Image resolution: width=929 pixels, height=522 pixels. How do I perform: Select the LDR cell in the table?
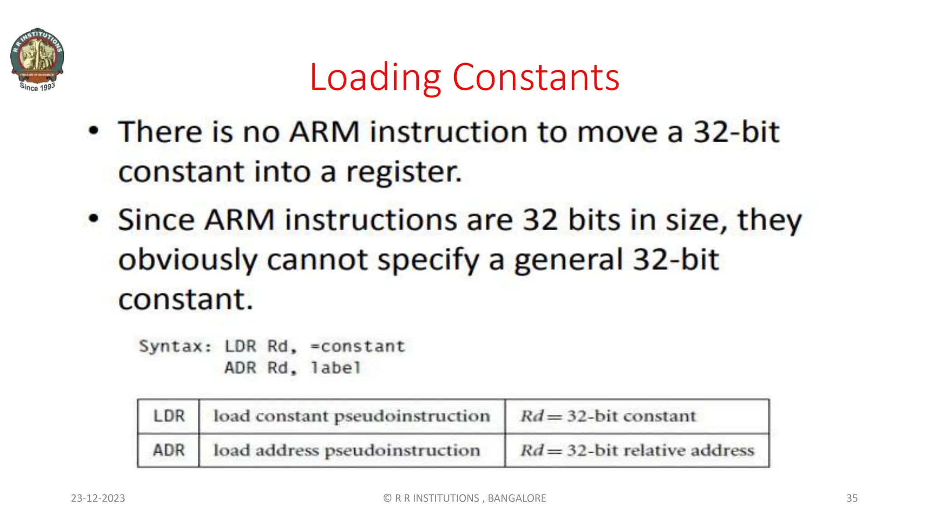pyautogui.click(x=169, y=416)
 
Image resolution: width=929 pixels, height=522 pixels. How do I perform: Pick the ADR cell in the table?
pyautogui.click(x=169, y=450)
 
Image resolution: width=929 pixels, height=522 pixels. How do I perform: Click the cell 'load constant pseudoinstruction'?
pyautogui.click(x=352, y=416)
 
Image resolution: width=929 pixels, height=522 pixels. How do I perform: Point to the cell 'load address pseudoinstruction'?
pyautogui.click(x=347, y=450)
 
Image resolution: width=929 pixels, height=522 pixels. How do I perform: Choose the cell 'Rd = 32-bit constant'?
pyautogui.click(x=608, y=416)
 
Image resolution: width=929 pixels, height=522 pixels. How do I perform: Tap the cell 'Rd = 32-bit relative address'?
pyautogui.click(x=637, y=450)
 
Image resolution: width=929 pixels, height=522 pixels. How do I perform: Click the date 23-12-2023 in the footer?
pyautogui.click(x=98, y=498)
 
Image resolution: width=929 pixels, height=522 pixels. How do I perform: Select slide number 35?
pyautogui.click(x=852, y=498)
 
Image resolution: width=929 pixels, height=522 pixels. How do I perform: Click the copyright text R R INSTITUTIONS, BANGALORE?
pyautogui.click(x=464, y=498)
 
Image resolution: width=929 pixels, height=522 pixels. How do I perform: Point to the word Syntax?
pyautogui.click(x=175, y=347)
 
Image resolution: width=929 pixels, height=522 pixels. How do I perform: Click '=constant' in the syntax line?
pyautogui.click(x=357, y=347)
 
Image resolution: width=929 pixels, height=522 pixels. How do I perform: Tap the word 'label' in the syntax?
pyautogui.click(x=336, y=368)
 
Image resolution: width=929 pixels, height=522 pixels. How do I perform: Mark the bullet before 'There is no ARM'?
pyautogui.click(x=93, y=131)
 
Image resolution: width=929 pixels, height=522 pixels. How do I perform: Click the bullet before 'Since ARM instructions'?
pyautogui.click(x=93, y=219)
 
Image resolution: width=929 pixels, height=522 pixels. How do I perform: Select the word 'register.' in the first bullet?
pyautogui.click(x=404, y=172)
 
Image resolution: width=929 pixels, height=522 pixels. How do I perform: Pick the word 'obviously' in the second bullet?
pyautogui.click(x=188, y=260)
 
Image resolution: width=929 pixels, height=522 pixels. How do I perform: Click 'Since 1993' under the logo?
pyautogui.click(x=37, y=87)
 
